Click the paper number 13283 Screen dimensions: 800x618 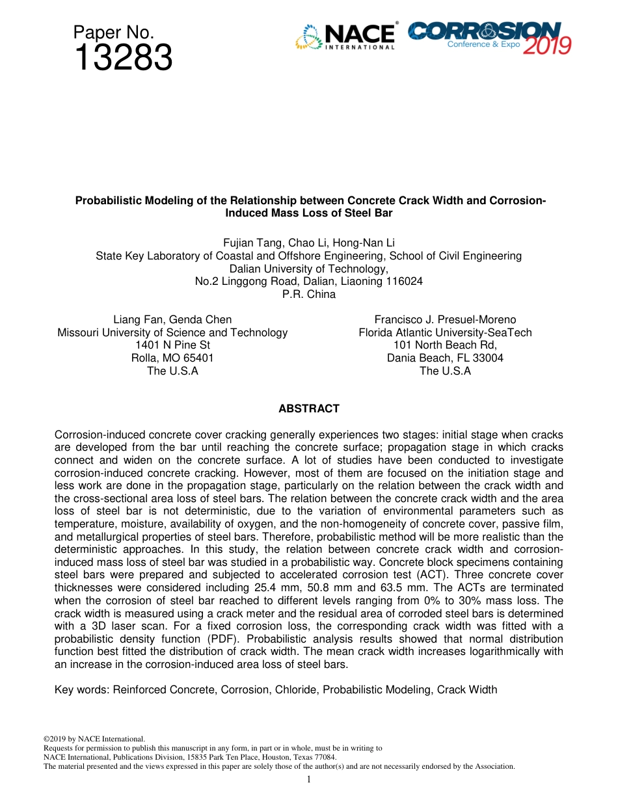tap(123, 58)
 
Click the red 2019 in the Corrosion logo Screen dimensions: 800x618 tap(548, 45)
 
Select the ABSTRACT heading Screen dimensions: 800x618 tap(309, 409)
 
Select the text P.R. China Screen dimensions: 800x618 tap(309, 294)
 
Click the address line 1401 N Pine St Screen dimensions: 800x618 tap(172, 345)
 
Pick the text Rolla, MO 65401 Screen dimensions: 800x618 tap(172, 358)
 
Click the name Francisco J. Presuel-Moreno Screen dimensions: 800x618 tap(445, 320)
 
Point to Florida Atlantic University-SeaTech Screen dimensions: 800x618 tap(445, 333)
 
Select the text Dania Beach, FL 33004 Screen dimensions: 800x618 tap(445, 358)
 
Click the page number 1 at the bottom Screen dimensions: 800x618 tap(308, 779)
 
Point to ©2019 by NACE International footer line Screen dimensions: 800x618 tap(94, 739)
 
